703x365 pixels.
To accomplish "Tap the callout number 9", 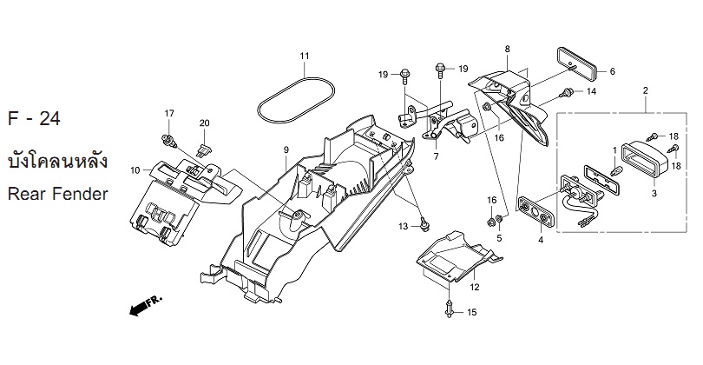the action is pyautogui.click(x=286, y=150).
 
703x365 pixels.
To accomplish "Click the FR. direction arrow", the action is pyautogui.click(x=146, y=305).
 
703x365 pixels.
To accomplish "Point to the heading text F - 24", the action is pyautogui.click(x=34, y=118).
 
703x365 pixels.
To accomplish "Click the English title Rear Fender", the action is pyautogui.click(x=58, y=194).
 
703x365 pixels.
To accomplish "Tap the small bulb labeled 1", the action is pyautogui.click(x=616, y=170).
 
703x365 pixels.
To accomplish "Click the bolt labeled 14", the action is pyautogui.click(x=567, y=93).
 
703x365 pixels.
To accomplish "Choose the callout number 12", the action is pyautogui.click(x=475, y=287).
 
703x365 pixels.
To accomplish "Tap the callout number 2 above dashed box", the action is pyautogui.click(x=646, y=90).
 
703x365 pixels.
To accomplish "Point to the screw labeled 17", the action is pyautogui.click(x=169, y=141).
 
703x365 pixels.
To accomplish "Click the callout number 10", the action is pyautogui.click(x=135, y=170).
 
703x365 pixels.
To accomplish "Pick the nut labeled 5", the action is pyautogui.click(x=502, y=220).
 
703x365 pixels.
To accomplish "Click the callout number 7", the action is pyautogui.click(x=436, y=156).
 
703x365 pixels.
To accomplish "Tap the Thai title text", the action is pyautogui.click(x=58, y=161).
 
